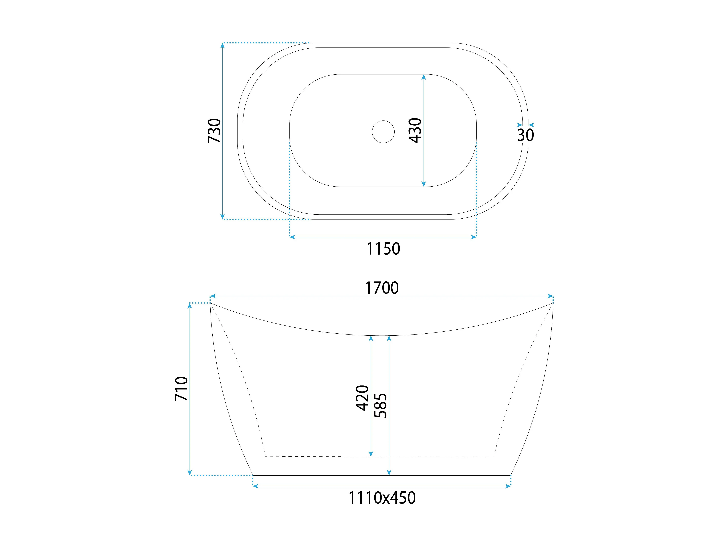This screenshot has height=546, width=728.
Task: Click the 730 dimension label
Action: coord(214,131)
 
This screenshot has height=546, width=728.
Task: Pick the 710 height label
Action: coord(181,389)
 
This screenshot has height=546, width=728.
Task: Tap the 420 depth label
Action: coord(362,398)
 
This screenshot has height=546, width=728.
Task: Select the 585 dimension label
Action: coord(381,405)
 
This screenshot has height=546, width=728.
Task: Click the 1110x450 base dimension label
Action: coord(382,498)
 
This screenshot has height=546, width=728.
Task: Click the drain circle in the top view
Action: coord(383,132)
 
